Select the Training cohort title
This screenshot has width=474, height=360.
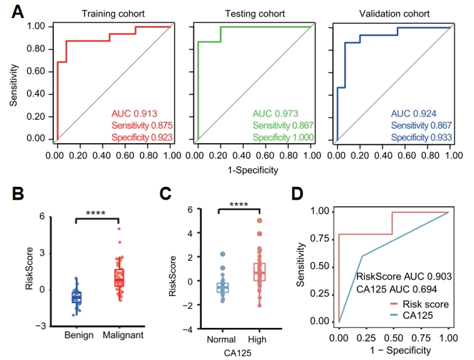click(x=114, y=14)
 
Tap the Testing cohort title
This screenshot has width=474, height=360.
click(x=253, y=14)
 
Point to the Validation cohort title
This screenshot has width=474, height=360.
click(x=394, y=14)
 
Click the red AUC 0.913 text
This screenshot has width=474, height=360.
click(x=134, y=113)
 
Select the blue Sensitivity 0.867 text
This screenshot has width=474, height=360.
click(x=421, y=125)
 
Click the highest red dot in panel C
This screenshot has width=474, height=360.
click(x=260, y=220)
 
